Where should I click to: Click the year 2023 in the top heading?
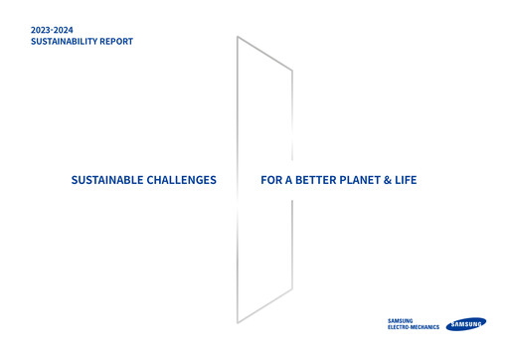44,31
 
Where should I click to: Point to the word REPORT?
118,43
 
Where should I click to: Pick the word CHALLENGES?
182,181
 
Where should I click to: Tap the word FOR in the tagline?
272,181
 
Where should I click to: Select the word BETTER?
322,181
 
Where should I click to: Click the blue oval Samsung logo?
466,323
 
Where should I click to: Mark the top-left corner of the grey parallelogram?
237,37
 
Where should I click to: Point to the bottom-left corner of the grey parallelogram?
237,323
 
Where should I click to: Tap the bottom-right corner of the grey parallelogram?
292,289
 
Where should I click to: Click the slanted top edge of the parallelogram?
264,54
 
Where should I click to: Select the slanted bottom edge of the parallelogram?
264,306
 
